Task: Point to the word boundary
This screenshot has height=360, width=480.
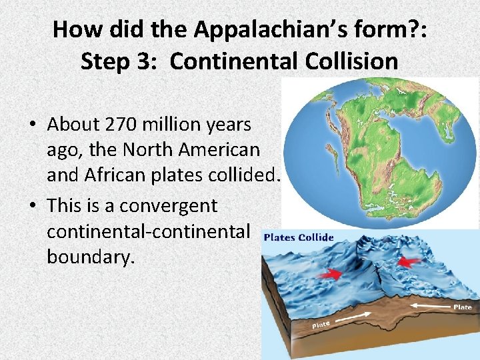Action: (x=91, y=257)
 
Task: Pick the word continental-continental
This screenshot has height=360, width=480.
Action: (x=149, y=231)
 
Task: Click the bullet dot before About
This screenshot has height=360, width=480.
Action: (x=33, y=125)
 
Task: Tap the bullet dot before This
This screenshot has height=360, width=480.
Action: (x=33, y=206)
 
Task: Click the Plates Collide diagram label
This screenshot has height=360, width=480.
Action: (x=299, y=237)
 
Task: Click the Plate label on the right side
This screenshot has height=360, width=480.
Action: (x=463, y=307)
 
